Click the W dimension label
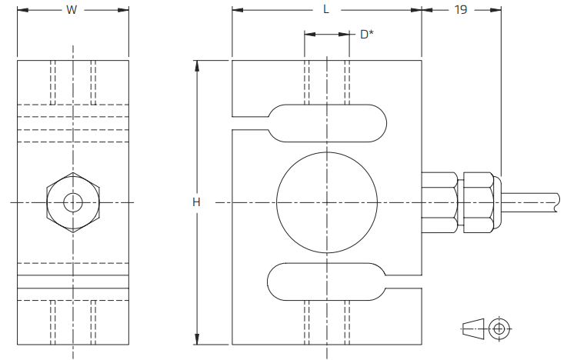pos(72,10)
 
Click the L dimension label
pos(326,10)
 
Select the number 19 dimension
pos(461,10)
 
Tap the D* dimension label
pos(367,35)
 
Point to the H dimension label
pos(196,202)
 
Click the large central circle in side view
pos(277,202)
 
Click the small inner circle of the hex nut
pos(64,202)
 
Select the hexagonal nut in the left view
pos(47,202)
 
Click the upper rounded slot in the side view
pos(386,123)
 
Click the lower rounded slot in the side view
pos(268,282)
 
